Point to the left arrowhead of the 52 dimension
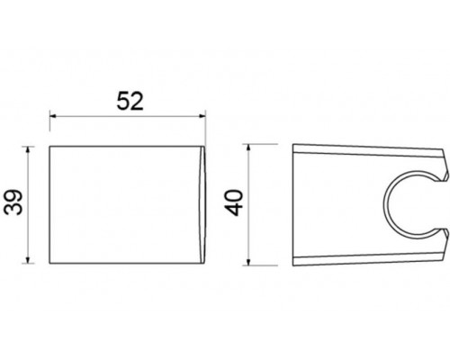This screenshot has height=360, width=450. (x=53, y=117)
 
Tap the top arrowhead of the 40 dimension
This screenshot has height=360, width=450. (x=252, y=147)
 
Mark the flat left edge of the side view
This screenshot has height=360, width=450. (x=295, y=192)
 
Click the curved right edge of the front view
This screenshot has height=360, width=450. (x=207, y=191)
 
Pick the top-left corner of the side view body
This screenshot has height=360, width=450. (x=296, y=143)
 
